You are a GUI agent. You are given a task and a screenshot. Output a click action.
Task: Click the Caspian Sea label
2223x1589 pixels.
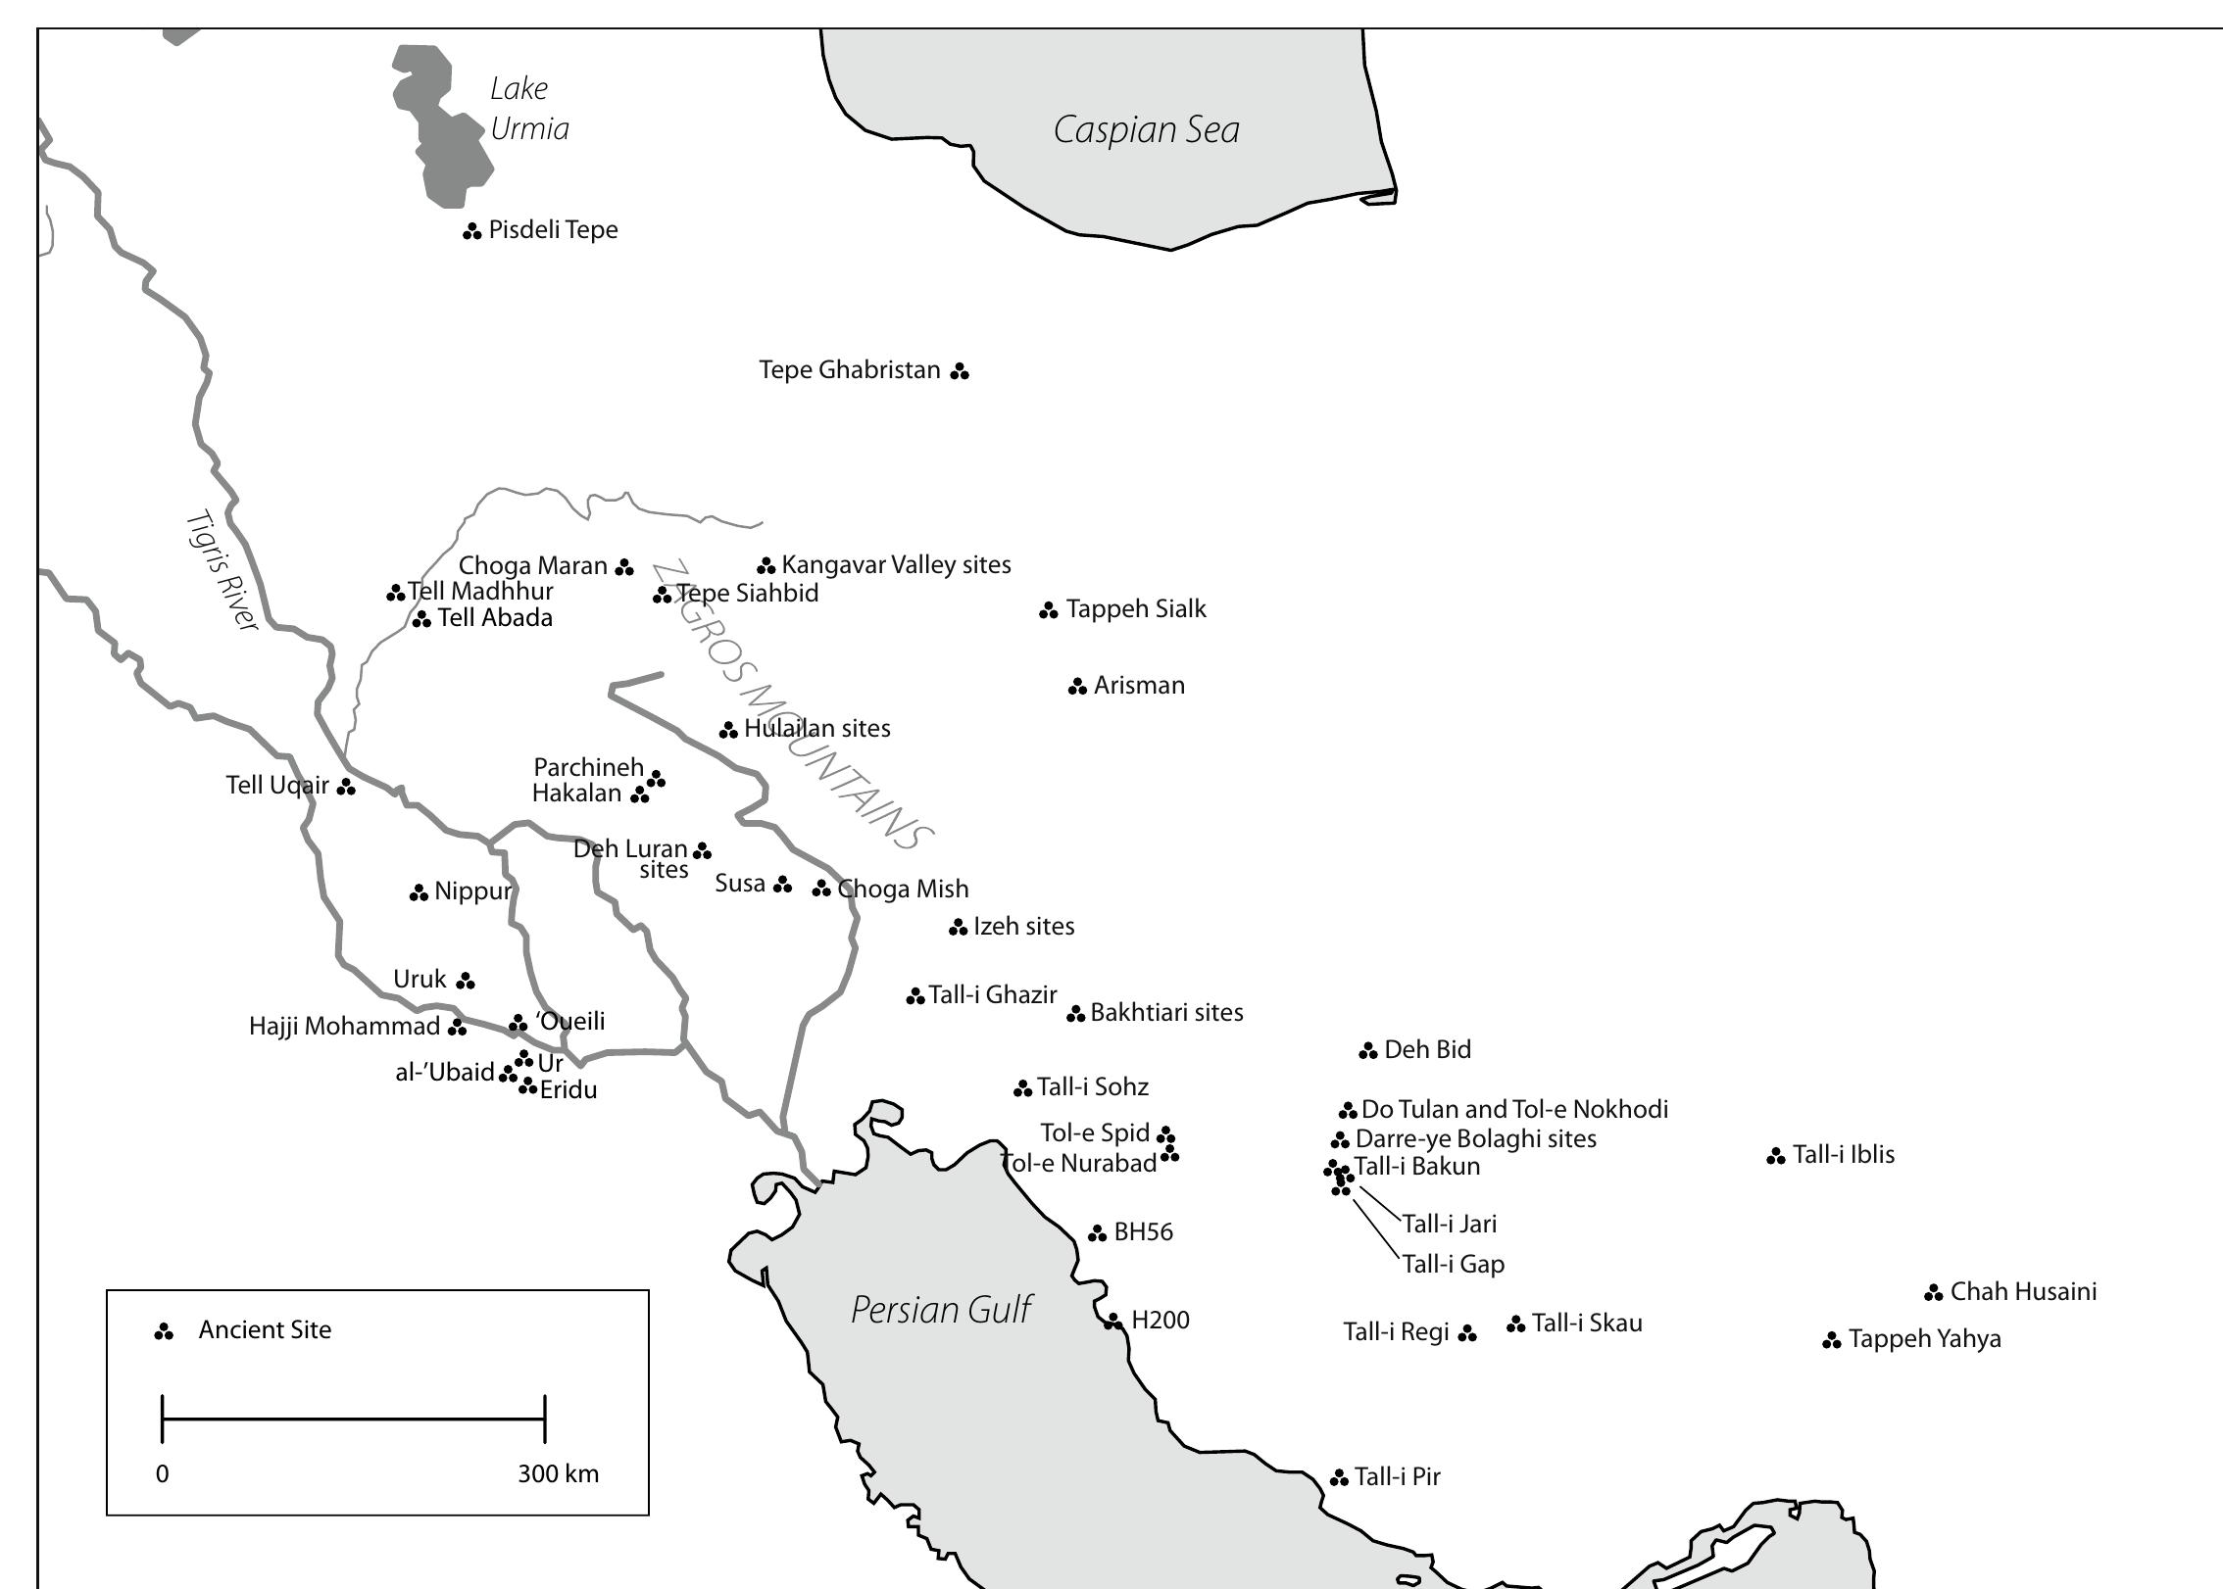tap(1146, 130)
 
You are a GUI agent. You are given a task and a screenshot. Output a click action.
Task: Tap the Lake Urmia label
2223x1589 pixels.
tap(528, 109)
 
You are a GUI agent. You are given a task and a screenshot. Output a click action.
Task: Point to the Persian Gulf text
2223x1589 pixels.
tap(940, 1310)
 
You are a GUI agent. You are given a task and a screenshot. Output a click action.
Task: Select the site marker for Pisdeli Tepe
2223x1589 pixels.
tap(471, 231)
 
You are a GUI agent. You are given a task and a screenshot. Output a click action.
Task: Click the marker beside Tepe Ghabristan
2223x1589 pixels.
tap(960, 371)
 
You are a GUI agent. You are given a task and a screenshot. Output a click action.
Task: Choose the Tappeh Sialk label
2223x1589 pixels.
tap(1135, 608)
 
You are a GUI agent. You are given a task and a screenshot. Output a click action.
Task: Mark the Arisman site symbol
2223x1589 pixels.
tap(1077, 687)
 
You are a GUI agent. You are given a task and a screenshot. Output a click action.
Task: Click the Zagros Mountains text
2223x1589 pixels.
tap(792, 705)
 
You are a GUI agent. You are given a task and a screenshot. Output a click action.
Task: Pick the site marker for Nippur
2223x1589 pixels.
tap(419, 892)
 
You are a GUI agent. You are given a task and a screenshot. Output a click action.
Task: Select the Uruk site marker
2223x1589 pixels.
tap(466, 981)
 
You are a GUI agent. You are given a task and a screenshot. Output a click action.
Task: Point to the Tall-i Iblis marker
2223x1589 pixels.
tap(1775, 1157)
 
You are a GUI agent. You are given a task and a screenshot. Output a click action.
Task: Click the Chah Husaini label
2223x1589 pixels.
tap(2023, 1291)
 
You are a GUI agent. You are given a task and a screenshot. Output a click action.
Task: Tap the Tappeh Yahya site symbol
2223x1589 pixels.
tap(1831, 1340)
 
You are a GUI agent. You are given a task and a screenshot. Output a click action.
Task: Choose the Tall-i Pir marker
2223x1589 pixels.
tap(1339, 1478)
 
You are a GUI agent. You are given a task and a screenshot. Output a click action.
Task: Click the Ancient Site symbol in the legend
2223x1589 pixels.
tap(164, 1331)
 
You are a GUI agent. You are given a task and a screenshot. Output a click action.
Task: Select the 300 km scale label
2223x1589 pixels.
tap(558, 1473)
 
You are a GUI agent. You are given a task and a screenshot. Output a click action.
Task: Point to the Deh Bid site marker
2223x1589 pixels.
tap(1368, 1051)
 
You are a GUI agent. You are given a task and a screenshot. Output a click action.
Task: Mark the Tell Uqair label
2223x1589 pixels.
tap(277, 785)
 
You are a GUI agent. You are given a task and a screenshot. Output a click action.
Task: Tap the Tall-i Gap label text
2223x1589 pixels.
tap(1453, 1264)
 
